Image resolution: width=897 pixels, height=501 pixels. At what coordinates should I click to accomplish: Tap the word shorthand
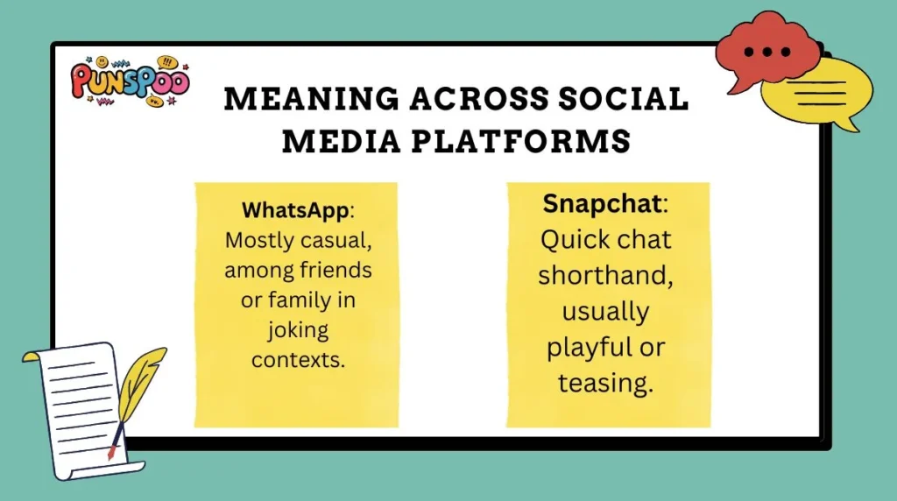coord(607,275)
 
